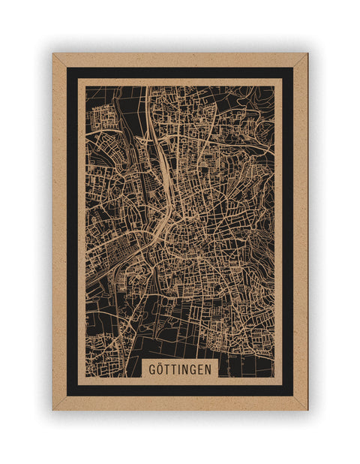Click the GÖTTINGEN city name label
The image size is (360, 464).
(179, 369)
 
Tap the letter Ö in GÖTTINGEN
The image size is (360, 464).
(159, 369)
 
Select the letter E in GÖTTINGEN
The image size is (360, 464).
(201, 369)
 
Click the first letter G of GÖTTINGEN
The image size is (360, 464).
(151, 369)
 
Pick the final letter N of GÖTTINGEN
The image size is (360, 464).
(209, 369)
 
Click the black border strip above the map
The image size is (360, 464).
(180, 73)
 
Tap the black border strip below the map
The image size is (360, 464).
(180, 390)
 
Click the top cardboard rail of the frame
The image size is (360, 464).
(180, 59)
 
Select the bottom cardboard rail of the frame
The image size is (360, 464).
(180, 403)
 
